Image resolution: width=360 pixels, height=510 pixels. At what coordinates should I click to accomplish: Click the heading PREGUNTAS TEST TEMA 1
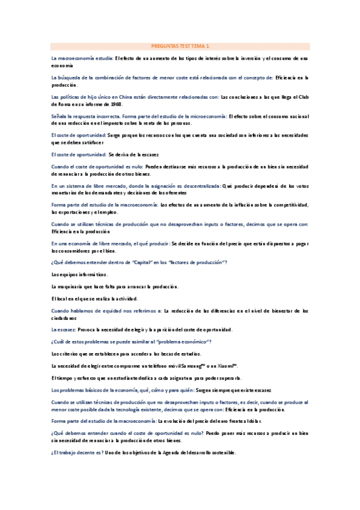[x=179, y=46]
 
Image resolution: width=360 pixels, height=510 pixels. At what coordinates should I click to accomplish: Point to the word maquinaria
[x=72, y=286]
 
